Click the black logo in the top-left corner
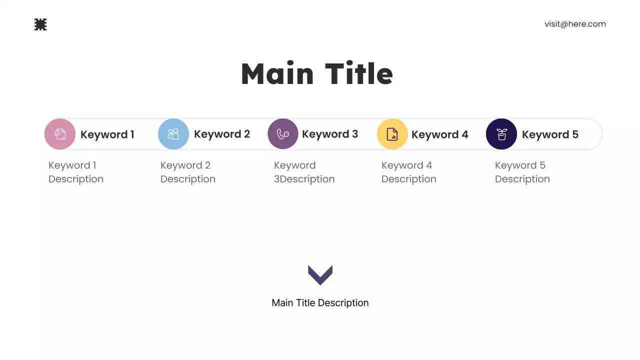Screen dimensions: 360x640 (40, 24)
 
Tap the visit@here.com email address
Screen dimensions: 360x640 (575, 24)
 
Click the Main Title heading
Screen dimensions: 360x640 (317, 74)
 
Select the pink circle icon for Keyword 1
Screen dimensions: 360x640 (60, 134)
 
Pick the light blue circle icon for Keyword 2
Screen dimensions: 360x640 (173, 134)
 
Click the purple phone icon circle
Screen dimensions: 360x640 (283, 134)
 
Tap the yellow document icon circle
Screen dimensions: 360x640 (392, 134)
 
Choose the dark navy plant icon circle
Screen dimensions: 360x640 (501, 134)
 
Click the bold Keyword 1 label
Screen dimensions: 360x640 (107, 134)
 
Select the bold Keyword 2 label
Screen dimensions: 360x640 (222, 134)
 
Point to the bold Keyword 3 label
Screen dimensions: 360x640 (330, 134)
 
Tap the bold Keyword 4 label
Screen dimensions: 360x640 (440, 134)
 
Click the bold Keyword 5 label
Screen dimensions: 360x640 (550, 134)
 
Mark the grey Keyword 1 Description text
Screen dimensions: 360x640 (76, 172)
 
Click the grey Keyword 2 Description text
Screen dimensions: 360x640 (188, 172)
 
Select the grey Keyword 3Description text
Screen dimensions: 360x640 (304, 172)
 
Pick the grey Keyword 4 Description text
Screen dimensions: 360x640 (409, 172)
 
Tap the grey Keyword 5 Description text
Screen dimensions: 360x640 (522, 172)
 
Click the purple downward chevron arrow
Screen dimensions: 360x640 (320, 274)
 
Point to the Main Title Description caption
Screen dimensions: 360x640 (320, 303)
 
